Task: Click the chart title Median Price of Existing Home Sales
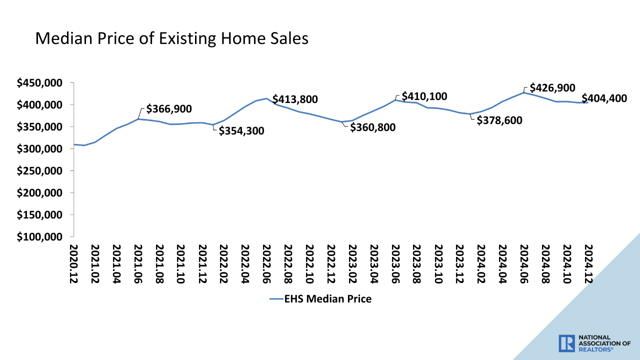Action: [x=171, y=38]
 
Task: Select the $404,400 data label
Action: [x=604, y=98]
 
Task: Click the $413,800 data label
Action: [x=295, y=99]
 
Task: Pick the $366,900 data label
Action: [x=169, y=109]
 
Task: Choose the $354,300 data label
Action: [x=241, y=131]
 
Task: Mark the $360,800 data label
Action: [x=372, y=127]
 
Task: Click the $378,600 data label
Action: [x=499, y=120]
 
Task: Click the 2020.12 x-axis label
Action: [x=73, y=264]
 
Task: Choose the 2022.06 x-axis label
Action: [x=267, y=264]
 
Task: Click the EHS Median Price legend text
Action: [x=328, y=299]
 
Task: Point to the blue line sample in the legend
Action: [x=276, y=299]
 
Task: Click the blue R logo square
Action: [x=567, y=343]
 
